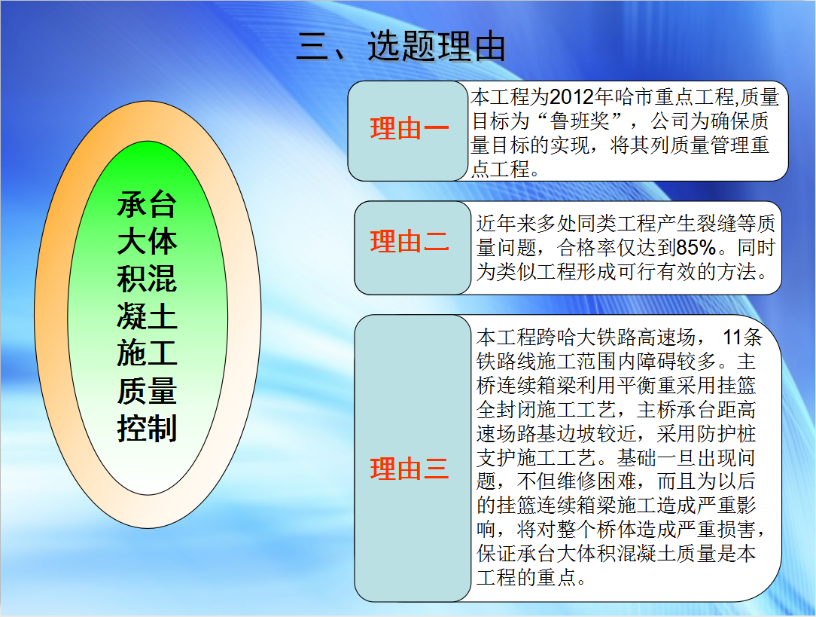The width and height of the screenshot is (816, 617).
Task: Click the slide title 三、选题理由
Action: [401, 47]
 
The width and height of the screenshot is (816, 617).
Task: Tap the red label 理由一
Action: [409, 129]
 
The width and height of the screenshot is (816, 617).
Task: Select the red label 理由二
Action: [409, 242]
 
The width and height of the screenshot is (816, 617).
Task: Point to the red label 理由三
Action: [409, 469]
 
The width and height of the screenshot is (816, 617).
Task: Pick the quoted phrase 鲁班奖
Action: [580, 121]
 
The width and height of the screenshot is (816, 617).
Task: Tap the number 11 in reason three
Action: [732, 338]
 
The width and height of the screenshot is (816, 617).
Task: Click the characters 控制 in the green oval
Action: [148, 429]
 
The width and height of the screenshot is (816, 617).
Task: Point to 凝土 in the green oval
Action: [148, 316]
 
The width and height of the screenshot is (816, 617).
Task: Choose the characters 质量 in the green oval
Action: [148, 391]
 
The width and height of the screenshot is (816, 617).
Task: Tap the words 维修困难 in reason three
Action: [597, 481]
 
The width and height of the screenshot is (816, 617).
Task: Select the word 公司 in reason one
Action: [670, 121]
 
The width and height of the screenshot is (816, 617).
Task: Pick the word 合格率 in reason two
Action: [586, 248]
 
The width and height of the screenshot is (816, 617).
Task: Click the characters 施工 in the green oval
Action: [148, 353]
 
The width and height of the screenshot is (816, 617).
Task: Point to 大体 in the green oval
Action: [148, 241]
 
